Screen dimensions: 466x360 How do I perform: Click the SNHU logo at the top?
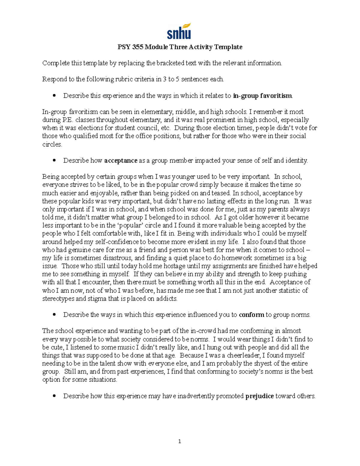pyautogui.click(x=179, y=32)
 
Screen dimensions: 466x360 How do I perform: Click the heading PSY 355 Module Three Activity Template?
pyautogui.click(x=179, y=47)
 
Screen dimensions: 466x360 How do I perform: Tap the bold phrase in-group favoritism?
pyautogui.click(x=262, y=96)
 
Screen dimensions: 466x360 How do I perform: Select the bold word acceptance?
pyautogui.click(x=121, y=161)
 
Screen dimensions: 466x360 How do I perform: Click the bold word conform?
pyautogui.click(x=251, y=315)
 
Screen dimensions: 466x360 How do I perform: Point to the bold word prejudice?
pyautogui.click(x=259, y=396)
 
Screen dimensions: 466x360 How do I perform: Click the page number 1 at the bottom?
pyautogui.click(x=179, y=441)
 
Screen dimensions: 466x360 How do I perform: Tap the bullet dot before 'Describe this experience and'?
pyautogui.click(x=54, y=96)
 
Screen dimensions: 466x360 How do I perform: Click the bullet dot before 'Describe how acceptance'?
pyautogui.click(x=54, y=161)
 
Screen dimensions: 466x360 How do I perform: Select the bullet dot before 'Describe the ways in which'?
pyautogui.click(x=54, y=315)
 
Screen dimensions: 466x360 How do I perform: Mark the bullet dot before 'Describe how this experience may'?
pyautogui.click(x=54, y=396)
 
